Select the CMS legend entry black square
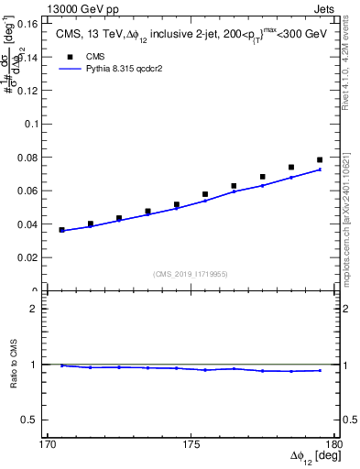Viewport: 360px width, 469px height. pos(66,55)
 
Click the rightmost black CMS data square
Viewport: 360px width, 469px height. pos(320,160)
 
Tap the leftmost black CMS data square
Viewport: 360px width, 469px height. pos(62,230)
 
